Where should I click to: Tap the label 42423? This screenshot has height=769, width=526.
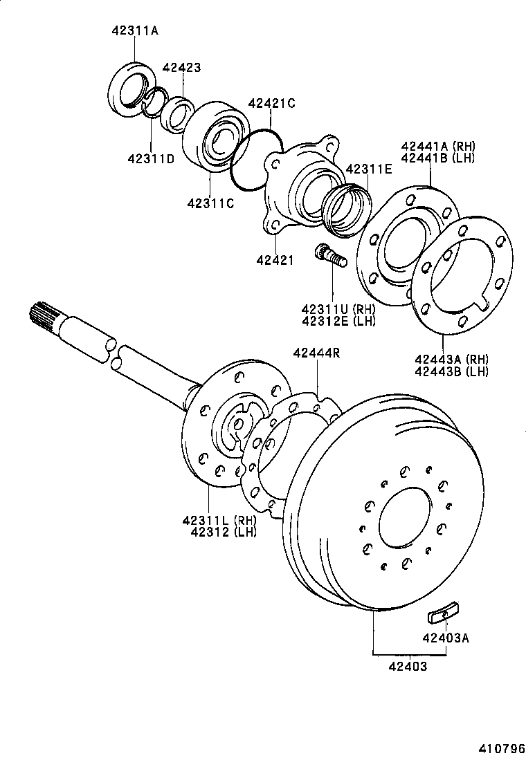[x=181, y=68]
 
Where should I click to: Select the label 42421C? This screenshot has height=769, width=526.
[x=271, y=104]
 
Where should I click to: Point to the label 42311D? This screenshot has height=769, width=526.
[x=150, y=159]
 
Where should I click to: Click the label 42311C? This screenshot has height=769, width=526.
[x=210, y=203]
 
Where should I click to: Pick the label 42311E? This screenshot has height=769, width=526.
[x=368, y=169]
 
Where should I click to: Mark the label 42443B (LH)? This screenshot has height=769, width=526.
[x=451, y=371]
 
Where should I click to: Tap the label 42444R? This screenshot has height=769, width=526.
[x=316, y=353]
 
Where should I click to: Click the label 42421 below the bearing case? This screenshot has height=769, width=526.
[x=274, y=260]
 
